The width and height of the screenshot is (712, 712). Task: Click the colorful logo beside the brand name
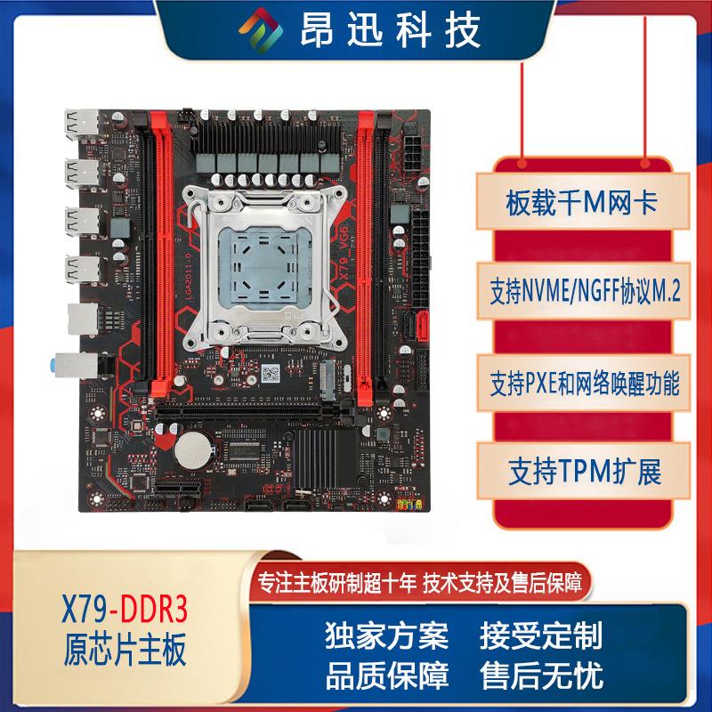[x=263, y=31]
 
